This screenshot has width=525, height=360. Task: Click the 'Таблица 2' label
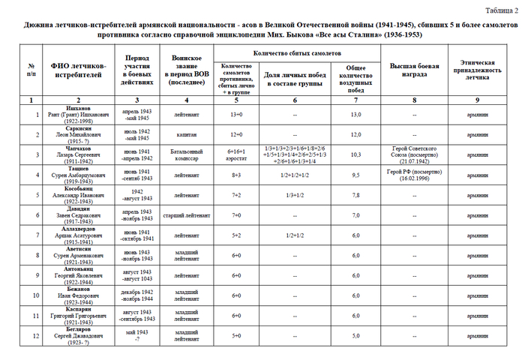(x=499, y=10)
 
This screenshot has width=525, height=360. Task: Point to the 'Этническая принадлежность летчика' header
(x=482, y=70)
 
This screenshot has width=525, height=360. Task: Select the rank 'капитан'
(x=186, y=134)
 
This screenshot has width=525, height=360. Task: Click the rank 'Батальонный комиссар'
(x=186, y=155)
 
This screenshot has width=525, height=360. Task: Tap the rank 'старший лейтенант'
(x=186, y=215)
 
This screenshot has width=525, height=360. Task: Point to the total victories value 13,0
(x=357, y=114)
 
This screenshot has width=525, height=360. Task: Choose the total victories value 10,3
(x=357, y=155)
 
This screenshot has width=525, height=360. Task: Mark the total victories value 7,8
(x=357, y=195)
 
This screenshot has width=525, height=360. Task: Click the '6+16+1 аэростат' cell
(x=236, y=155)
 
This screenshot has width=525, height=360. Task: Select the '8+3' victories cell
(x=236, y=175)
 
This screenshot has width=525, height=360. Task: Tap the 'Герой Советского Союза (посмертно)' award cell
(x=414, y=155)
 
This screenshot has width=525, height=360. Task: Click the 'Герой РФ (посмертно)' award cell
(x=414, y=175)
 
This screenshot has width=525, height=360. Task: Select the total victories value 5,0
(x=357, y=335)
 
